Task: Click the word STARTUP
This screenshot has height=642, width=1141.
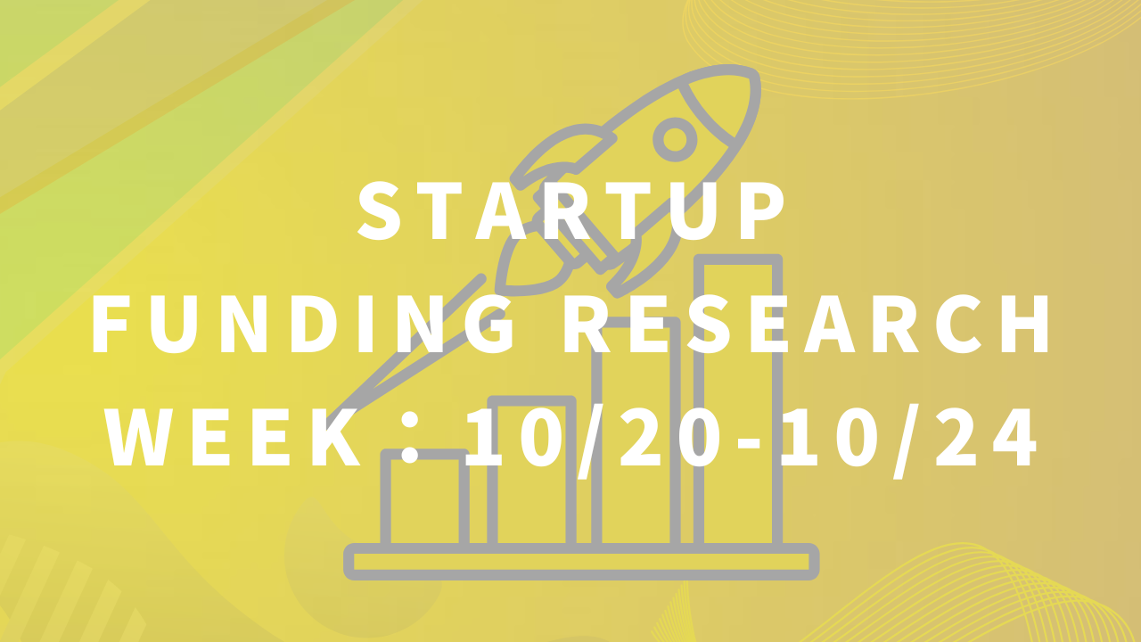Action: (x=571, y=210)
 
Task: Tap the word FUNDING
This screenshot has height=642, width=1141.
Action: (x=303, y=324)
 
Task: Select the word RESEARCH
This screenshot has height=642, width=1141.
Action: (x=806, y=324)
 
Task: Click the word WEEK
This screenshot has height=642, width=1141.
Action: (x=234, y=436)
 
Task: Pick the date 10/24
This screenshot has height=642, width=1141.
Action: (x=908, y=440)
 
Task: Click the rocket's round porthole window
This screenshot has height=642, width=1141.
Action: (x=675, y=140)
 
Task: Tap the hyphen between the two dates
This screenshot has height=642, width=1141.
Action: (x=748, y=442)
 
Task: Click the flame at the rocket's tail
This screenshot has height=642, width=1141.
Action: (x=532, y=265)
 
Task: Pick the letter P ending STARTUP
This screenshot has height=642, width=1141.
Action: (x=763, y=210)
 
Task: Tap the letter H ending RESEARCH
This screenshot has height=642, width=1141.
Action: (x=1025, y=324)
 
